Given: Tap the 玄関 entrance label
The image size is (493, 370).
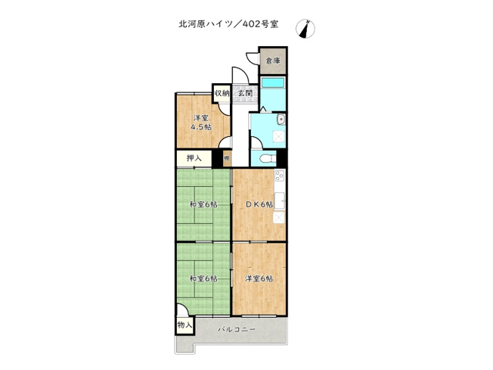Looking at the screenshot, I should point(244,93).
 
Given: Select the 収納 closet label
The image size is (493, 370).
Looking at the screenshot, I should point(222,93).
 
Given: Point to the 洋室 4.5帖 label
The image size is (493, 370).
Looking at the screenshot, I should point(200,123).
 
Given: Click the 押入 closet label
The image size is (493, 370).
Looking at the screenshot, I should point(194,159).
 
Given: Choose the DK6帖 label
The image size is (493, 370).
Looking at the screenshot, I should point(258,204).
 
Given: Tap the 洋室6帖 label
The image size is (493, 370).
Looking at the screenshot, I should point(259,278).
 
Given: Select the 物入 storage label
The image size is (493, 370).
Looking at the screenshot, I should point(184,325).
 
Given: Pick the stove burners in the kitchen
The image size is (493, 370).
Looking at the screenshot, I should point(280,179).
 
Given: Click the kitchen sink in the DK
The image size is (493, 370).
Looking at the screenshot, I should point(280,201).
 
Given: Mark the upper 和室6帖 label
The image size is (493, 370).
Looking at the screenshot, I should point(203,204).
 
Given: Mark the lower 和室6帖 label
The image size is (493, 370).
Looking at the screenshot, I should point(203,278).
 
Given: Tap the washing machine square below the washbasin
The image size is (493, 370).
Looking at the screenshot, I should point(279,137).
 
